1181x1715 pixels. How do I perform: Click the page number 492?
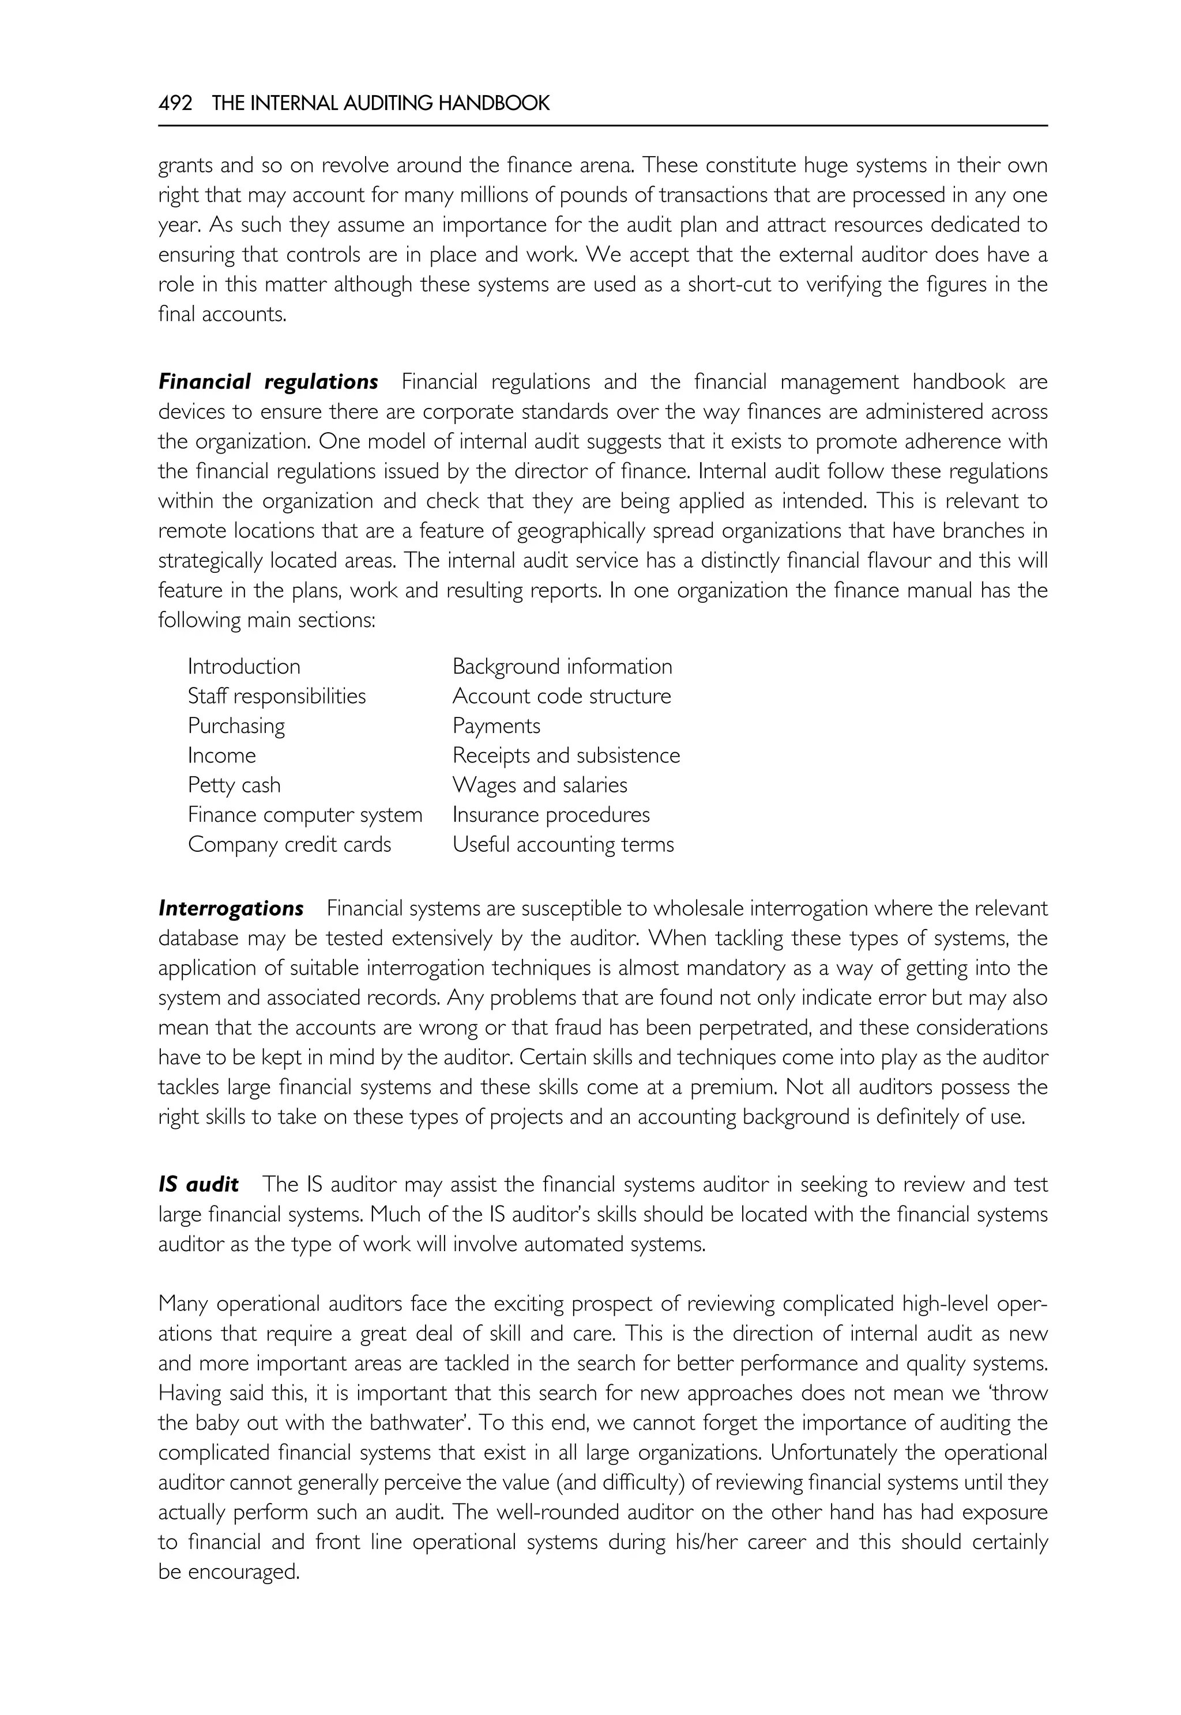point(175,104)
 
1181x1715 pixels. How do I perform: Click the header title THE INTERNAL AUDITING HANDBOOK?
point(381,104)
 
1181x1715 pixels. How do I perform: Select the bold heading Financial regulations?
point(268,382)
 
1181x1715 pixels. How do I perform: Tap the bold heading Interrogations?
point(231,909)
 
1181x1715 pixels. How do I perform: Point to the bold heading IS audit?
point(198,1185)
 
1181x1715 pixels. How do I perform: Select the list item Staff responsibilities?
point(277,697)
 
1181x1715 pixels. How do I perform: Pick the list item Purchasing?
point(236,726)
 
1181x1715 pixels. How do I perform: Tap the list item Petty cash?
point(234,785)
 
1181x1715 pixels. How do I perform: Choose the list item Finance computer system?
point(305,815)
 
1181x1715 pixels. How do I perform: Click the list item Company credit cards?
point(289,845)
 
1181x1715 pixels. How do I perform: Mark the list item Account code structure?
point(562,697)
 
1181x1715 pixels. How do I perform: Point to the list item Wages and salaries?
point(539,785)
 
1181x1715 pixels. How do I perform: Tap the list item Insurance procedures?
point(551,815)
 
